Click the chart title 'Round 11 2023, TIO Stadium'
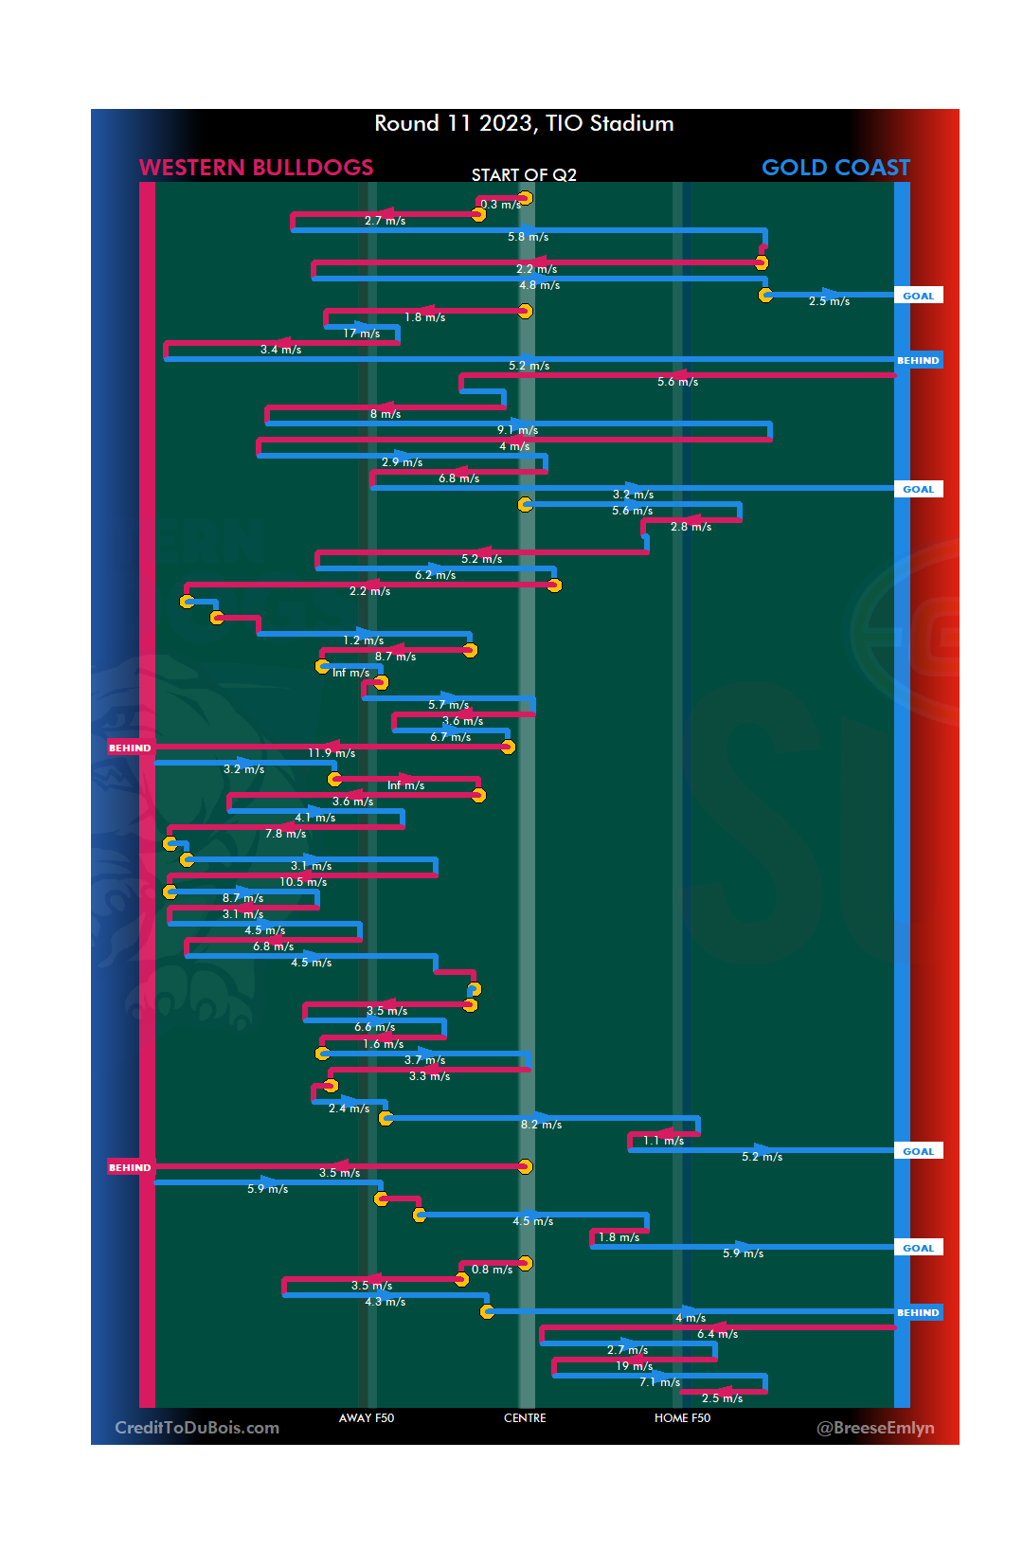click(524, 123)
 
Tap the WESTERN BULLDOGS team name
click(256, 168)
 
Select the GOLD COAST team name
click(835, 168)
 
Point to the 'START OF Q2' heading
click(524, 175)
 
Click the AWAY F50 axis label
click(367, 1418)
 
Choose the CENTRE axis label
click(525, 1418)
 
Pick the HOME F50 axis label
click(682, 1418)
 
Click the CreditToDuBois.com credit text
click(197, 1428)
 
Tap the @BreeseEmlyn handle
click(875, 1428)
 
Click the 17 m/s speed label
click(361, 333)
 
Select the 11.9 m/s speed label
click(332, 753)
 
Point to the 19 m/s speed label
click(634, 1366)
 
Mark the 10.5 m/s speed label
click(303, 882)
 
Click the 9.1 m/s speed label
click(517, 430)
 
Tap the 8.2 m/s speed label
click(541, 1125)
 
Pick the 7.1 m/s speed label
click(659, 1382)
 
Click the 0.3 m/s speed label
click(500, 205)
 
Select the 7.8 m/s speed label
click(285, 834)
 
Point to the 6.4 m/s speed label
click(717, 1334)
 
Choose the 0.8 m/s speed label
click(492, 1270)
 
